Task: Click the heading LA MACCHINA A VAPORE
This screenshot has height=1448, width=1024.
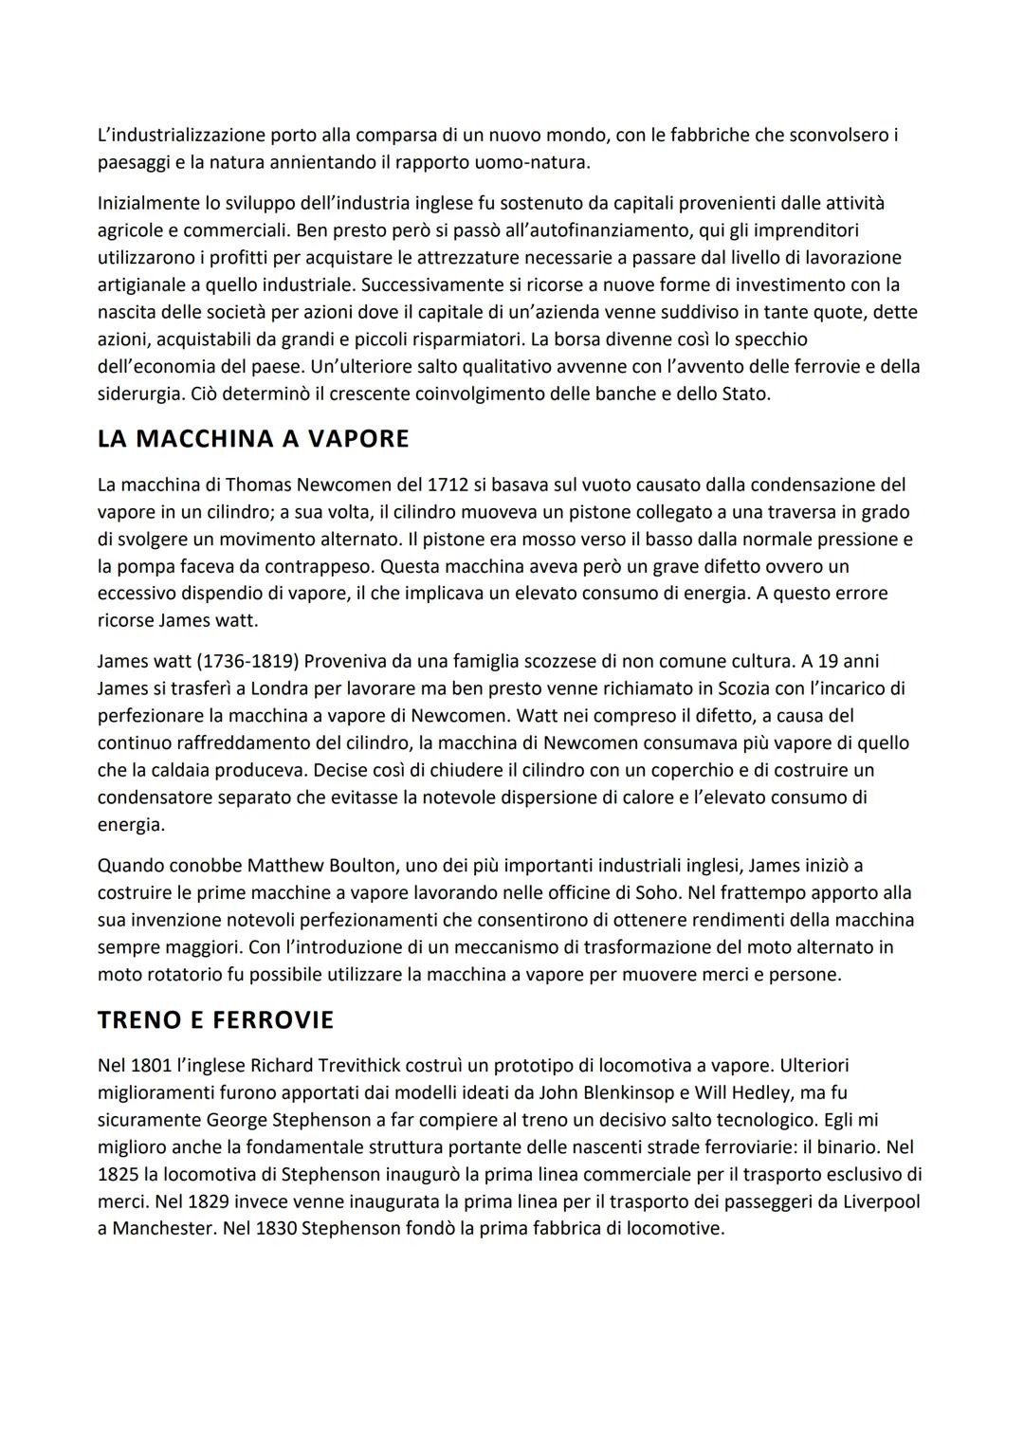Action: point(253,439)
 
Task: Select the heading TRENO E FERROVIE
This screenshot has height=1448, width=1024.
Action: point(215,1020)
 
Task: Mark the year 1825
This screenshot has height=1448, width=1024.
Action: point(119,1174)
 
